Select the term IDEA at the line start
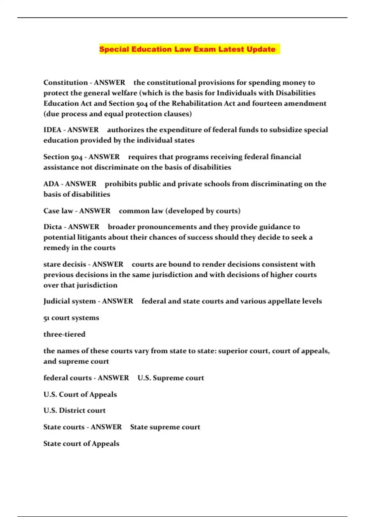pos(52,130)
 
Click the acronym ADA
pos(51,184)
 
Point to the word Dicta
pos(53,227)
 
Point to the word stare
pos(52,264)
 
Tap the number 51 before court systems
pos(46,318)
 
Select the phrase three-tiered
pos(64,334)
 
